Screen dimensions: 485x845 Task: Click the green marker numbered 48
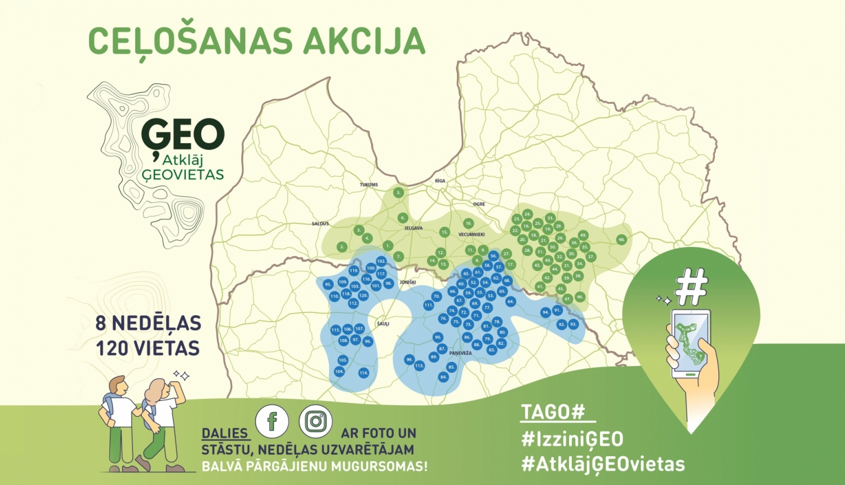click(621, 240)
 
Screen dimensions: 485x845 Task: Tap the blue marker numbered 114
click(363, 373)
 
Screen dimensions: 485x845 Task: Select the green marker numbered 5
click(399, 193)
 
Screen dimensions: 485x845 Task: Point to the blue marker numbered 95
click(328, 285)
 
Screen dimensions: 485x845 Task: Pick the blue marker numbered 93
click(573, 324)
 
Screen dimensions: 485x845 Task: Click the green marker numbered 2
click(342, 247)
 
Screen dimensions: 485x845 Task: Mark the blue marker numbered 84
click(443, 377)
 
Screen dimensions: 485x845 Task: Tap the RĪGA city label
click(440, 181)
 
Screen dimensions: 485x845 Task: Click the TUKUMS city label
click(369, 185)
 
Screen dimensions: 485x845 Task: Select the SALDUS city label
click(320, 224)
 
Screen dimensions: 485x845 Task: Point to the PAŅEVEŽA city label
click(460, 353)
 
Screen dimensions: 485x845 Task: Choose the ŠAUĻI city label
click(383, 324)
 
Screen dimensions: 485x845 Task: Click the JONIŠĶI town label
click(407, 282)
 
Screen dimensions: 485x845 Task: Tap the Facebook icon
click(272, 421)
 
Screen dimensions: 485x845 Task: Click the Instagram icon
click(315, 421)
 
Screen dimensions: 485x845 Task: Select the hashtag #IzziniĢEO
click(572, 439)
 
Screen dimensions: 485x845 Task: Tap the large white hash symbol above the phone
click(691, 287)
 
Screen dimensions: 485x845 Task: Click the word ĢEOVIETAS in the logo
click(183, 175)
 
